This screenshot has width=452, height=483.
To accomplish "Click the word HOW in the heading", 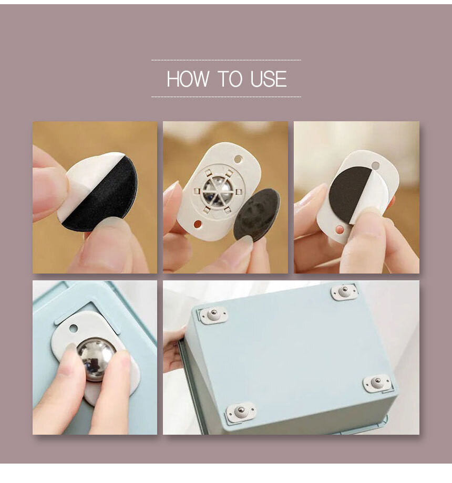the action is [x=188, y=79].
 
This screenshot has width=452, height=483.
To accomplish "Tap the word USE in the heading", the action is [x=268, y=79].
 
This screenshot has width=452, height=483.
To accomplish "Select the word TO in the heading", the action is [x=229, y=79].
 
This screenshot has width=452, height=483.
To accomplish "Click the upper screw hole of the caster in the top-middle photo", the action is [x=238, y=160].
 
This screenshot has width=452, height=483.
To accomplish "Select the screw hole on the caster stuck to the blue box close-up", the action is [x=74, y=328].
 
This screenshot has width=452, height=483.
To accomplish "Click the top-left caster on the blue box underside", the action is [x=213, y=315].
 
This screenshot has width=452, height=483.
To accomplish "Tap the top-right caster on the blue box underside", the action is [x=345, y=291].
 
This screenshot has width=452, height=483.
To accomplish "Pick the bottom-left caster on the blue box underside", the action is [x=241, y=412].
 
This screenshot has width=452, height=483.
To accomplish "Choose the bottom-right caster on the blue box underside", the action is [x=377, y=383].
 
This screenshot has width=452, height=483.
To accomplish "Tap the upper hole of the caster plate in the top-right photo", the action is [x=376, y=166].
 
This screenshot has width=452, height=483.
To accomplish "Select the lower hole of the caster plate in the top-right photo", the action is [x=340, y=229].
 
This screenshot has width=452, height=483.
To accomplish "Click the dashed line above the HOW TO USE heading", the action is [x=226, y=60].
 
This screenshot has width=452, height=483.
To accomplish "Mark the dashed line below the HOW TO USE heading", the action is [x=226, y=97].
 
